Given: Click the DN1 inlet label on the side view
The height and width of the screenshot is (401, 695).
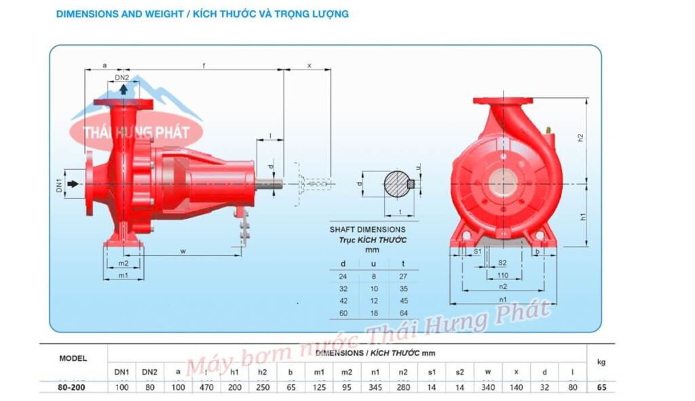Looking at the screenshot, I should coord(59,184).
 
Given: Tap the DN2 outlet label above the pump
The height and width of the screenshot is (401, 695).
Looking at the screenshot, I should coord(121,78).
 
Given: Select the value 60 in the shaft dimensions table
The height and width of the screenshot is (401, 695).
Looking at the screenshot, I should coord(343,313).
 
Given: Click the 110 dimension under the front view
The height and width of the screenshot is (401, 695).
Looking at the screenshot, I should coord(502,276).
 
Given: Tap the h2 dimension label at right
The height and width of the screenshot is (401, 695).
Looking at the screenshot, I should coord(580,138).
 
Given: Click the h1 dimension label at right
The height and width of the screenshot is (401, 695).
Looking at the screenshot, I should coord(580,217).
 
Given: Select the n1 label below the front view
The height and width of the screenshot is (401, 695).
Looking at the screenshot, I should coord(502,300).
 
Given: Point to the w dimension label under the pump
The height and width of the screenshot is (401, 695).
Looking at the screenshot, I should coord(183,251).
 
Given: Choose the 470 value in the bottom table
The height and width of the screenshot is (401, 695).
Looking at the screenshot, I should coord(205,388).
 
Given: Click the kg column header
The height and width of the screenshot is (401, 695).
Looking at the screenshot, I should coord(601,362).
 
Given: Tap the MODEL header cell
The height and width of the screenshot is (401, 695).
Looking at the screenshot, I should coord(73,358).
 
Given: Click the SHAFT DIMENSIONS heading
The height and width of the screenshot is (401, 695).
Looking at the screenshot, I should coord(367,230).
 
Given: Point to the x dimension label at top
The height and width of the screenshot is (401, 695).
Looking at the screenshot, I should coord(309,66).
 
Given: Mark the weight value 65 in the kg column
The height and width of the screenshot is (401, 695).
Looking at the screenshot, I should coord(601,388).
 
